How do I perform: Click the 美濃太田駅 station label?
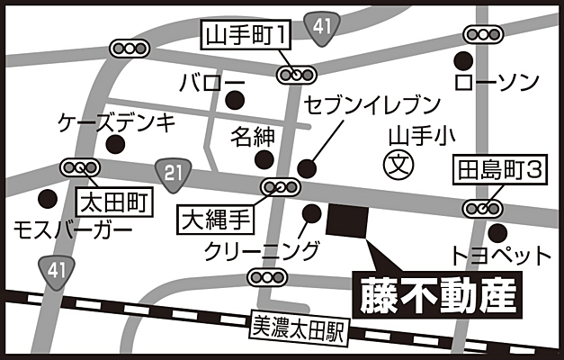(298, 328)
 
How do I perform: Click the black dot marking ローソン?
(463, 62)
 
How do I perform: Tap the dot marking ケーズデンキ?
(114, 144)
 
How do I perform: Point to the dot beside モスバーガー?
(48, 197)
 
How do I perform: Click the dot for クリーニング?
(312, 213)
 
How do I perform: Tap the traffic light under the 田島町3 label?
(482, 208)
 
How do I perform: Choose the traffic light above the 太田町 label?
(79, 167)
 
